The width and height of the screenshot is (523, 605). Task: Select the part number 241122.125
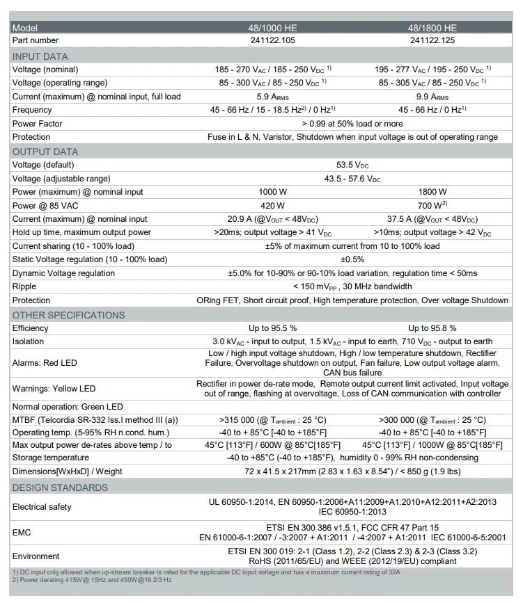(432, 40)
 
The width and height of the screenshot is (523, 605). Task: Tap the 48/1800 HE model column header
(432, 28)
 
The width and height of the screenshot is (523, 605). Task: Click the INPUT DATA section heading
(40, 56)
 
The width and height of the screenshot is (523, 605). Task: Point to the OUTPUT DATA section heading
(45, 152)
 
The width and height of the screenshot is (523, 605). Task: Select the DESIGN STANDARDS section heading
(60, 487)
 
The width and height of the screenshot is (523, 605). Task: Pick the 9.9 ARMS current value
(432, 97)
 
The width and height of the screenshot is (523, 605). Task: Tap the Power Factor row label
(38, 124)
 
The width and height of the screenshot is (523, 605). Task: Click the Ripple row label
(24, 287)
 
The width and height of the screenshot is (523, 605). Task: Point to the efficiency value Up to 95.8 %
(432, 328)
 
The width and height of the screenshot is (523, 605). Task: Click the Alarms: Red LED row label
(45, 363)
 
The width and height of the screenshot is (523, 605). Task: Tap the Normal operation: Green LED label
(68, 407)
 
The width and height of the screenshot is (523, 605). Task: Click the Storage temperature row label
(51, 458)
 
